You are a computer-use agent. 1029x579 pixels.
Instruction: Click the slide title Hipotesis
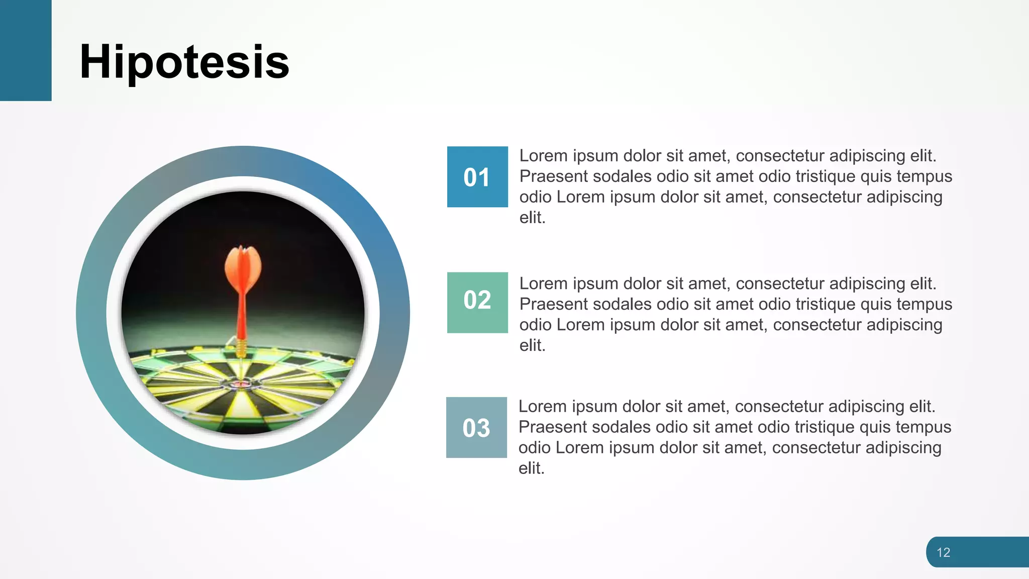[184, 62]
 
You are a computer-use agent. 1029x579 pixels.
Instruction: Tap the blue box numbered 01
[477, 177]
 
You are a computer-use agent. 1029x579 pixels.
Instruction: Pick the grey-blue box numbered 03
[476, 428]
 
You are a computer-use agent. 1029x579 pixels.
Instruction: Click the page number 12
[943, 552]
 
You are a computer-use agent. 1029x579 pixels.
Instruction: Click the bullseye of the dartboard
[240, 384]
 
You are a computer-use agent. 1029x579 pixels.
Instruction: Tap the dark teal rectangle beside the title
[26, 50]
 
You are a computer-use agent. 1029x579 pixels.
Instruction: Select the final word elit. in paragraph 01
[532, 218]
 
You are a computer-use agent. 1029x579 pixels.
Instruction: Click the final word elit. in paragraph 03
[531, 468]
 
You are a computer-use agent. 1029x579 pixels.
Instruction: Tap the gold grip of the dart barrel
[241, 347]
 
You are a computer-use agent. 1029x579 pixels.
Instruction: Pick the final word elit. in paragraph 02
[532, 345]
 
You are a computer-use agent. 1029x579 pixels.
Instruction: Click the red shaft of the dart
[242, 317]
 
